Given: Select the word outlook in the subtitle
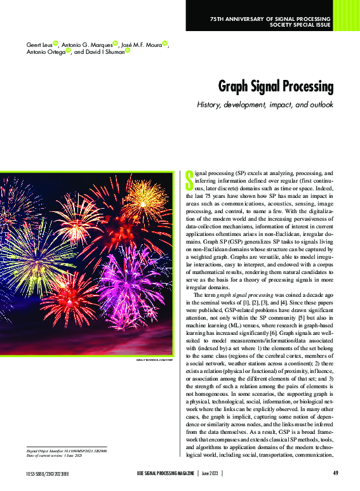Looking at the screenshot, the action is coord(318,104).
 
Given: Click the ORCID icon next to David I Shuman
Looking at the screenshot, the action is coord(128,51).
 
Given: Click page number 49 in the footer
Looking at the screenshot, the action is coord(335,473).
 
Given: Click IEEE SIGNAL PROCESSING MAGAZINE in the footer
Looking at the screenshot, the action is coord(166,473).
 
